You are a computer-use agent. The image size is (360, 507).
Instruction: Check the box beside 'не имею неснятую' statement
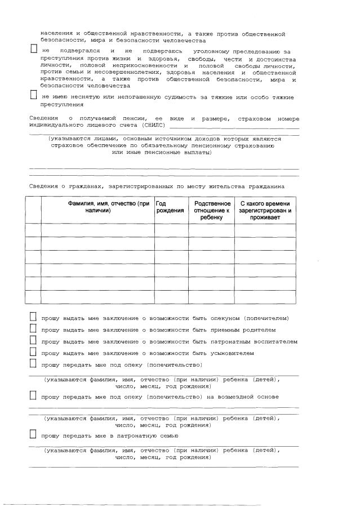click(x=33, y=95)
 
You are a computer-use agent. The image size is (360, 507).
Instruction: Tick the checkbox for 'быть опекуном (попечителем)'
click(x=33, y=317)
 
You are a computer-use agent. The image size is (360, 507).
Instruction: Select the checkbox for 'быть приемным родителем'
click(x=33, y=329)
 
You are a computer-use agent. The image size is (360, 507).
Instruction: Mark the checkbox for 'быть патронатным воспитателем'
click(x=33, y=341)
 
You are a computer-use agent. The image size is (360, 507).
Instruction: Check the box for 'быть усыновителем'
click(x=33, y=353)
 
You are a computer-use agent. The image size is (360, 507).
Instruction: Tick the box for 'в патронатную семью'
click(x=33, y=435)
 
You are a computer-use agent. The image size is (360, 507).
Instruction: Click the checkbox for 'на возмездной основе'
click(x=33, y=396)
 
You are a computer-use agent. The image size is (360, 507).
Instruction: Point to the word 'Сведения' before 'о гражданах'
click(x=43, y=185)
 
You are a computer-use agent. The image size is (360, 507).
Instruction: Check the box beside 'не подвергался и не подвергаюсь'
click(x=33, y=49)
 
